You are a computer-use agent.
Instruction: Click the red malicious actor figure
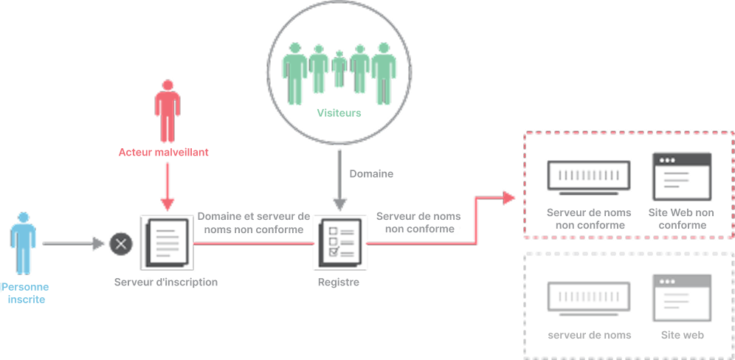click(x=168, y=111)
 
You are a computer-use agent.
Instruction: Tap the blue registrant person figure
click(x=23, y=243)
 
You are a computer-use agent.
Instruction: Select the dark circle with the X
click(x=121, y=243)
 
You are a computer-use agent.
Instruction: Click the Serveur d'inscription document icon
click(x=167, y=243)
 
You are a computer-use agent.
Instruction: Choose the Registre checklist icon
click(x=340, y=243)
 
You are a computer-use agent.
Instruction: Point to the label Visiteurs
click(x=339, y=113)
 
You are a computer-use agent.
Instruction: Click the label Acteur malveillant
click(x=164, y=153)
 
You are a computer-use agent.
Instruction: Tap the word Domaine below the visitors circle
click(x=371, y=174)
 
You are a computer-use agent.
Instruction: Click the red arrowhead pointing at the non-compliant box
click(x=508, y=198)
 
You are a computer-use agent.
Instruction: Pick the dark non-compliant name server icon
click(x=589, y=178)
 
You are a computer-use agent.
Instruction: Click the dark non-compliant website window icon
click(x=682, y=176)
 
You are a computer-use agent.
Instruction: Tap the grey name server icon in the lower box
click(x=589, y=299)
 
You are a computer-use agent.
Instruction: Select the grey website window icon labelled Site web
click(x=682, y=298)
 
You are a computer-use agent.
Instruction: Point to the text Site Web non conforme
click(x=682, y=219)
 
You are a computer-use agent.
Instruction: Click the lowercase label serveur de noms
click(x=589, y=335)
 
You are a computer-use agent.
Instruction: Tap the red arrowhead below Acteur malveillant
click(x=168, y=204)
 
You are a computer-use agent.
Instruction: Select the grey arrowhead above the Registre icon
click(x=340, y=204)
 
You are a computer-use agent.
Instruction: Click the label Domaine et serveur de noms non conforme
click(x=254, y=223)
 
